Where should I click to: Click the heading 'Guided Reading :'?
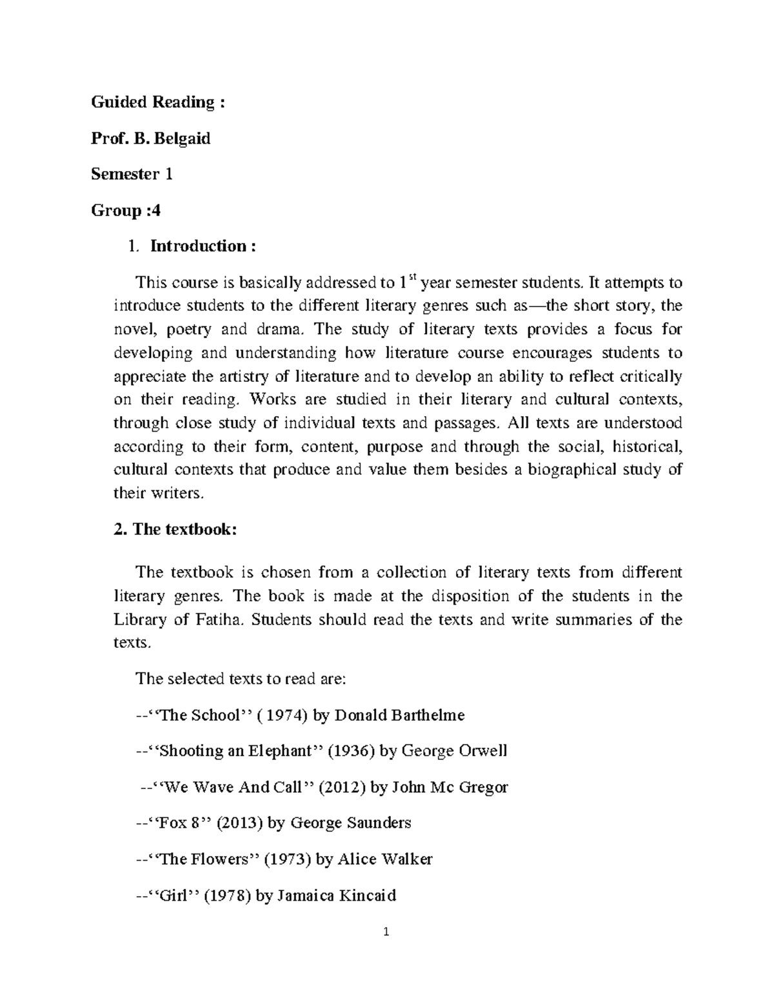158,102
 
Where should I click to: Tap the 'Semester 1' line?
132,174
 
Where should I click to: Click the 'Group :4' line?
126,210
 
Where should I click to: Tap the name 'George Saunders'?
351,823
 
